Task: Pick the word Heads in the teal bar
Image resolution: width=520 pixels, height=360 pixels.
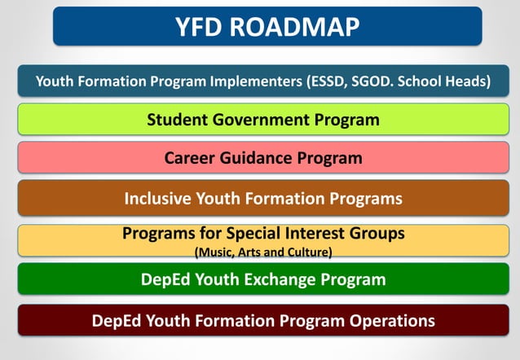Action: [468, 81]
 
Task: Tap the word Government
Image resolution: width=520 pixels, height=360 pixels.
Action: [263, 120]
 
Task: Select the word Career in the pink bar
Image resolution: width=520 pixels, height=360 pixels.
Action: [191, 158]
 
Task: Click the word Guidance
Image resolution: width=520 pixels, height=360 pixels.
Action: [259, 158]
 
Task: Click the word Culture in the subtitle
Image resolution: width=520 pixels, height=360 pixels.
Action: [306, 252]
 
